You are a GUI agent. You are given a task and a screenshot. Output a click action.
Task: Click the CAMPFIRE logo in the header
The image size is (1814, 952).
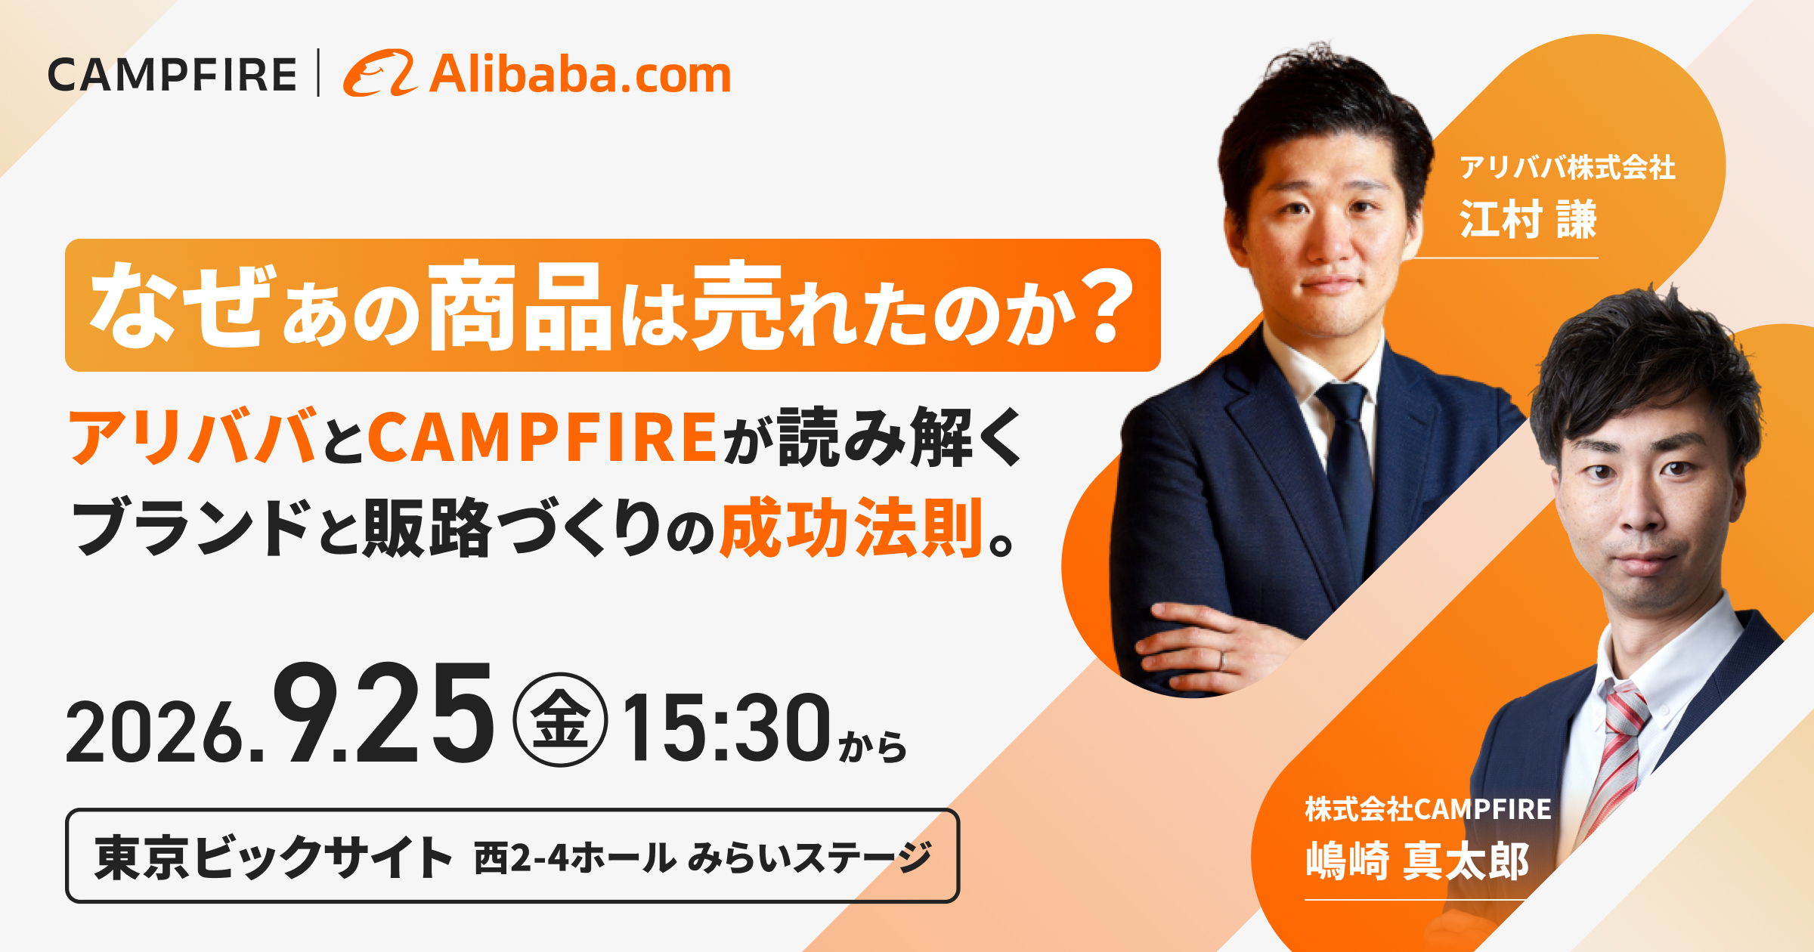(172, 75)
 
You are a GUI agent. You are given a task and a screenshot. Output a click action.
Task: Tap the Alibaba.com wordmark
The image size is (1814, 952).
(580, 75)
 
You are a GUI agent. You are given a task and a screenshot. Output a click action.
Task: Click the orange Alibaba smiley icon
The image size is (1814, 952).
(380, 73)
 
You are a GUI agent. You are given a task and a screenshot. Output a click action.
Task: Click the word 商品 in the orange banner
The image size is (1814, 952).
(520, 305)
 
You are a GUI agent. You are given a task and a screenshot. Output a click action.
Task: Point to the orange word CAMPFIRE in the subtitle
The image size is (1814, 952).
(542, 437)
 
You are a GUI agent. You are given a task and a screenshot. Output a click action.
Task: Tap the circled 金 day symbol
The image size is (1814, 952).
(560, 719)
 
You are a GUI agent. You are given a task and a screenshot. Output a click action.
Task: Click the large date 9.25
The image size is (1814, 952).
(383, 714)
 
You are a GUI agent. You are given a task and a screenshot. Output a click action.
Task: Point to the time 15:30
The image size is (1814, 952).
(726, 727)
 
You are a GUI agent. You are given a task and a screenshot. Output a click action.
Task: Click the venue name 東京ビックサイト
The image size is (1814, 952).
(273, 857)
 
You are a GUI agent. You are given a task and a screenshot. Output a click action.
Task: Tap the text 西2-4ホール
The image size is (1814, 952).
(574, 858)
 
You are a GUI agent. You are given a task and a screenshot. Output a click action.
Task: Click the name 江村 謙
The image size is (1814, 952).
(1528, 219)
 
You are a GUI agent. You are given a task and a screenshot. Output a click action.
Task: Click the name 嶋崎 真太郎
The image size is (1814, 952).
(1417, 861)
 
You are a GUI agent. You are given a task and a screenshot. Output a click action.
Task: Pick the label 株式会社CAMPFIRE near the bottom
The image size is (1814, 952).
(1428, 809)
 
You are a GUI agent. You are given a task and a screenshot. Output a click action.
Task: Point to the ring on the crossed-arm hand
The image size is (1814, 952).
(1222, 660)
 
